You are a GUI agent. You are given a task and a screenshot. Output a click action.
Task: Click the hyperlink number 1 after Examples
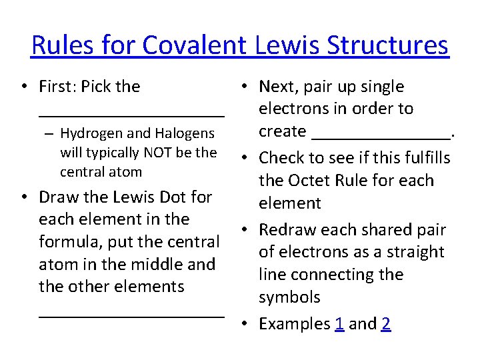pos(339,324)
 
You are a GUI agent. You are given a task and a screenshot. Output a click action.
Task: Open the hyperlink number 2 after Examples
pos(386,324)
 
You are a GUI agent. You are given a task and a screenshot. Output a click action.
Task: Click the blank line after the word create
pos(381,137)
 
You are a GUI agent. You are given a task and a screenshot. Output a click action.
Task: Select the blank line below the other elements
pos(131,313)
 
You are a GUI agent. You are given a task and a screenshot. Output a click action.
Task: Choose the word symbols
pos(289,297)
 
